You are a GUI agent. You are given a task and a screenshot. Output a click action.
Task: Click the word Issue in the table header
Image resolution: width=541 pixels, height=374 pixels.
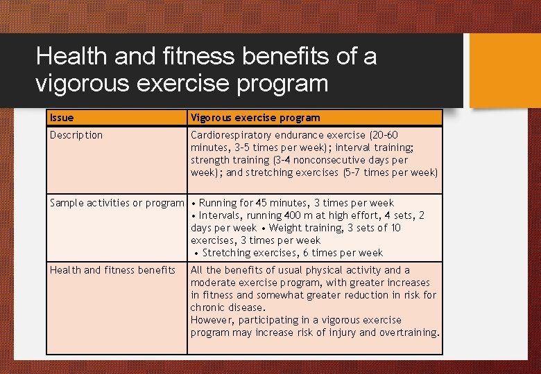click(62, 118)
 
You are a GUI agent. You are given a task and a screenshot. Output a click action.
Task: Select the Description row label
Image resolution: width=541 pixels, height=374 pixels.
click(76, 135)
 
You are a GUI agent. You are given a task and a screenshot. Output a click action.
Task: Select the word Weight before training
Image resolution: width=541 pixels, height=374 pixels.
click(286, 228)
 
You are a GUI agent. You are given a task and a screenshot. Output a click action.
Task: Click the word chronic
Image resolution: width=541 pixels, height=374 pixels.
click(207, 308)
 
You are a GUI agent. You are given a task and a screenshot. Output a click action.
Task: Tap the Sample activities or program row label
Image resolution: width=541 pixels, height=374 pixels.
click(117, 203)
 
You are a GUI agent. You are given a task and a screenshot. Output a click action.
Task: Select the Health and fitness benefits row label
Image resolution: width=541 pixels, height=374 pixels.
click(112, 270)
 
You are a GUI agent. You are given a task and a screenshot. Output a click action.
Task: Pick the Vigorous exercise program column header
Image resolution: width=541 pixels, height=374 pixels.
click(255, 118)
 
